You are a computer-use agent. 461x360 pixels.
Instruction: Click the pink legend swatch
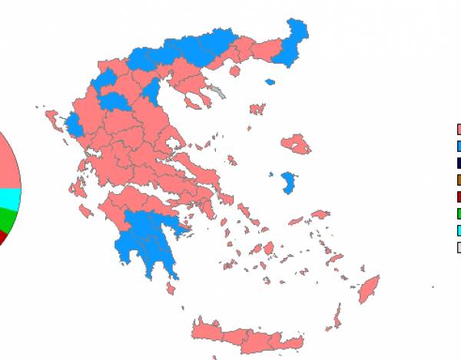tap(459, 130)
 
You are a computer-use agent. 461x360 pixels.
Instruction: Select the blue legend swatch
tap(459, 146)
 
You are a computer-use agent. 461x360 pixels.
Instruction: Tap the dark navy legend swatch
tap(459, 163)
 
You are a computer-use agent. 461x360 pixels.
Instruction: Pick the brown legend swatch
tap(459, 180)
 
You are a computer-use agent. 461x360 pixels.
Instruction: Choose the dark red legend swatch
tap(459, 197)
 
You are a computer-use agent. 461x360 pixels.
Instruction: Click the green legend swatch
tap(459, 213)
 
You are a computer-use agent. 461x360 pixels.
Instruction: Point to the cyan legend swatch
tap(459, 230)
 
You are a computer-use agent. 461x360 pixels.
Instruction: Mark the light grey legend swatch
tap(459, 247)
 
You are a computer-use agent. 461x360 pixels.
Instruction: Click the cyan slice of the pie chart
tap(9, 199)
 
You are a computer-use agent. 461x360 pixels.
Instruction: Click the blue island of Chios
tap(290, 182)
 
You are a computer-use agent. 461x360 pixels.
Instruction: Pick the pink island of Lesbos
tap(296, 144)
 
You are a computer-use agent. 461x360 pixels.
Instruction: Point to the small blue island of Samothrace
tap(270, 81)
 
